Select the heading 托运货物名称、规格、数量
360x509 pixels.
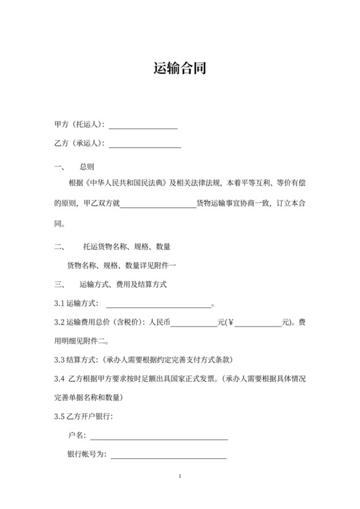click(x=126, y=247)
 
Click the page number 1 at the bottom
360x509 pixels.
click(x=181, y=476)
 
